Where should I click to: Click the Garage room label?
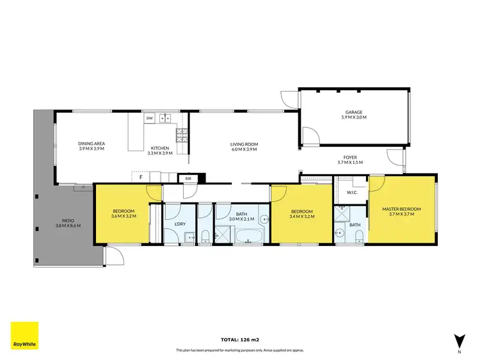(354, 112)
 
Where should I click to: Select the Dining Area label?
(92, 144)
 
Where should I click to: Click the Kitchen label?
(158, 149)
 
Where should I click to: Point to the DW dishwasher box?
(149, 119)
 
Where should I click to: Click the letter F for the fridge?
(140, 178)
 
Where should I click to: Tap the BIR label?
(188, 179)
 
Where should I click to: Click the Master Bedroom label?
(399, 209)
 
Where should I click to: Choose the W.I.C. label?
(351, 192)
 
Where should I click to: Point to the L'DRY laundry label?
(180, 224)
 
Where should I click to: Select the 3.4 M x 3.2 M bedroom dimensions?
(301, 216)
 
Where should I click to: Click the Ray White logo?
(24, 336)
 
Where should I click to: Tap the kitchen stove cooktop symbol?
(181, 135)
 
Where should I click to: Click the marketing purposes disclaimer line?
(239, 350)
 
